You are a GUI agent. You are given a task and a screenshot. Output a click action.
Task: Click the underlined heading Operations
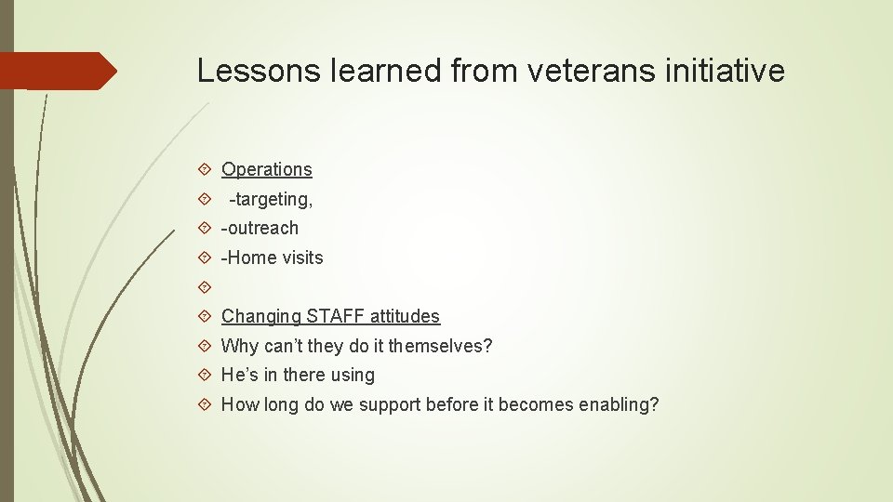tap(267, 169)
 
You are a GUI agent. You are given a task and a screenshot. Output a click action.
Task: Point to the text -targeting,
tap(271, 199)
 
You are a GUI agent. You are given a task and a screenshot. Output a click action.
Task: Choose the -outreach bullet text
tap(260, 228)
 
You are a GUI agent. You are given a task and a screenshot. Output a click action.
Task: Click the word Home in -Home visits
tap(252, 258)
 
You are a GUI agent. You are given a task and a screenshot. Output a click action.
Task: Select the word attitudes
tap(405, 316)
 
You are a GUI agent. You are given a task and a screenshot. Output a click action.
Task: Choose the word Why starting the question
tap(238, 346)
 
